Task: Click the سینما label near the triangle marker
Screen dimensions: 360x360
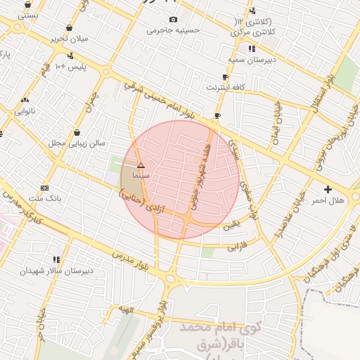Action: tap(141, 174)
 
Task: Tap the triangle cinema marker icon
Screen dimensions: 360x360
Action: tap(141, 165)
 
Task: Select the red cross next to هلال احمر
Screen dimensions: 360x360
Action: tap(328, 190)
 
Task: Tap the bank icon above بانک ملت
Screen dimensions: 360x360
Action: tap(45, 188)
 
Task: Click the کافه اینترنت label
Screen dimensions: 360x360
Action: tap(225, 87)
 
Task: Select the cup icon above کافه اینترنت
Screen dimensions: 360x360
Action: tap(225, 77)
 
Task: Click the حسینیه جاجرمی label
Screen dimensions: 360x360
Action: tap(173, 30)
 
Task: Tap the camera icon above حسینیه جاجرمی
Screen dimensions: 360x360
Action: tap(173, 20)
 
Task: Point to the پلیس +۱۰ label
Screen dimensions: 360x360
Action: tap(70, 66)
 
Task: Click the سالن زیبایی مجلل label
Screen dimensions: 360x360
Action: tap(76, 143)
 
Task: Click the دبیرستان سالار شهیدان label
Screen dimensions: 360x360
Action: tap(56, 270)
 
